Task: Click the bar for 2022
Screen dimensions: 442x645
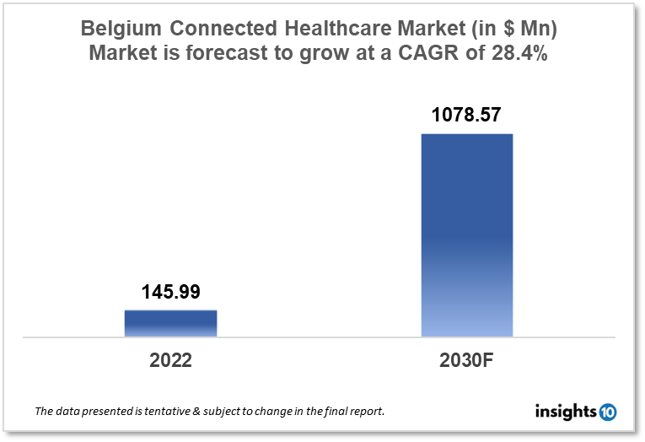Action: (171, 323)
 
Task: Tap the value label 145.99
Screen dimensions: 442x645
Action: (171, 293)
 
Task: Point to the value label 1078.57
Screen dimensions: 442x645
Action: (467, 116)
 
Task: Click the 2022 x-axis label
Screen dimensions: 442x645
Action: (171, 360)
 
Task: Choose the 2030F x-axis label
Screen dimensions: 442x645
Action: (467, 360)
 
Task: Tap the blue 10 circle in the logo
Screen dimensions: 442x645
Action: (607, 412)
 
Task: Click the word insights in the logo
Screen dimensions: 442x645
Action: (566, 412)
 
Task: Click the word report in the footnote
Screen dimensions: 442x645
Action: (368, 412)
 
